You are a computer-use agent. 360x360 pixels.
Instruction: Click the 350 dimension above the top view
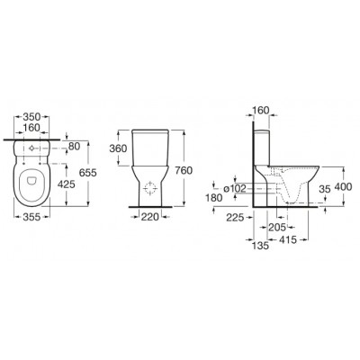(x=31, y=116)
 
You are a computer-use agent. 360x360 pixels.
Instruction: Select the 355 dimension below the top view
(x=31, y=217)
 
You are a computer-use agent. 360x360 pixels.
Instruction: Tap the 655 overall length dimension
(x=88, y=173)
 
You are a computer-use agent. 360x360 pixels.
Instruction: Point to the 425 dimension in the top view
(x=66, y=184)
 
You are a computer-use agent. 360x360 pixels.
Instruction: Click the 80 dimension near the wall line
(x=75, y=147)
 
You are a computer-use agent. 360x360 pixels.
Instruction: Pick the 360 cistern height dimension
(x=118, y=148)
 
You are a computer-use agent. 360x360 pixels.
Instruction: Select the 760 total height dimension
(x=184, y=170)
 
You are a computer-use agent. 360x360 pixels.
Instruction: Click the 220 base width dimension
(x=150, y=216)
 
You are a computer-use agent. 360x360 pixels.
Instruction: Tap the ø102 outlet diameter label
(x=235, y=188)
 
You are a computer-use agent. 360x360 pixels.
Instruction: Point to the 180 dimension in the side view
(x=214, y=198)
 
